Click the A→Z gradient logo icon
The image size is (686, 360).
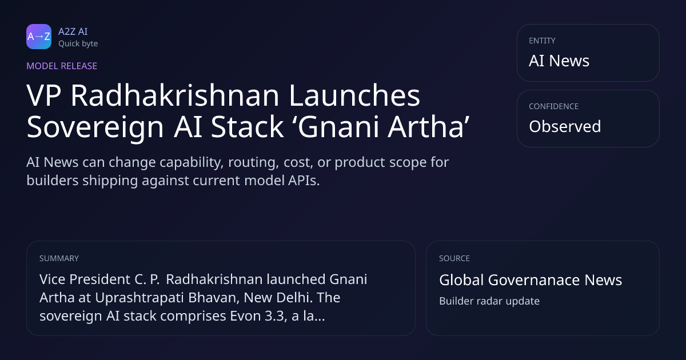coord(39,37)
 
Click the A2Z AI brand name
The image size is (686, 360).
coord(73,31)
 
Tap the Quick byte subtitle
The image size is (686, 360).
coord(78,44)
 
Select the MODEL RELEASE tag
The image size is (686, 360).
coord(62,66)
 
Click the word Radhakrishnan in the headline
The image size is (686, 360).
coord(175,95)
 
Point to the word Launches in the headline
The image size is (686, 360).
coord(354,95)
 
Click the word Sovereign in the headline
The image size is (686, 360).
coord(95,127)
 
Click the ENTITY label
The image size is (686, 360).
coord(542,41)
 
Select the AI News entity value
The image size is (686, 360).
coord(559,61)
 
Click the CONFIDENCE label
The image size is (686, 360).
coord(554,106)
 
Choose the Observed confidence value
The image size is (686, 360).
coord(565,126)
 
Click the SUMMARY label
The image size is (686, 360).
coord(59,258)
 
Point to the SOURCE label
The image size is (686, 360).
coord(454,258)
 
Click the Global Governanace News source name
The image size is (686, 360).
coord(531,280)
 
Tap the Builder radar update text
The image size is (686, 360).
coord(489,301)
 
